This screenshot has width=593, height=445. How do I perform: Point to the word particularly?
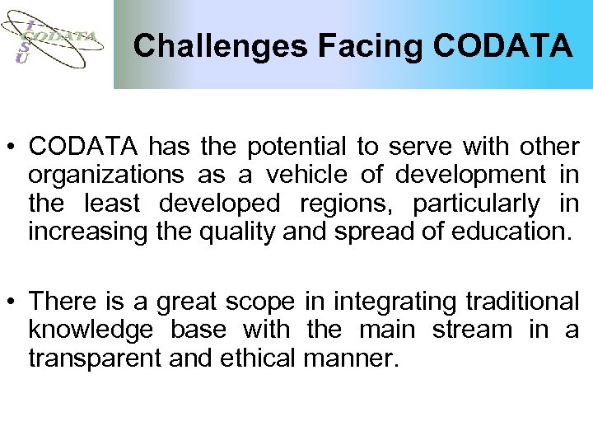(476, 204)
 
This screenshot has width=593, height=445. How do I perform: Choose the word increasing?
(86, 232)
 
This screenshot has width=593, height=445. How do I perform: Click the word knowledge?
(91, 330)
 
